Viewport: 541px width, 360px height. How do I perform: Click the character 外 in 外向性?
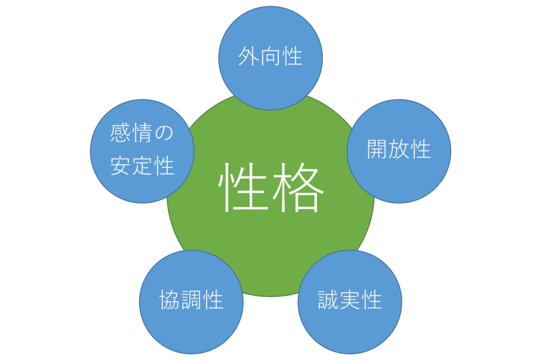248,56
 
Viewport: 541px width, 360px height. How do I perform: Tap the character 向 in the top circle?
270,56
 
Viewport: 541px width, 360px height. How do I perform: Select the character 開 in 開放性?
377,149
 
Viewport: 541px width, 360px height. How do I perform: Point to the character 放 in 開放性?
399,149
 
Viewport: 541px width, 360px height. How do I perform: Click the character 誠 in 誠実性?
328,300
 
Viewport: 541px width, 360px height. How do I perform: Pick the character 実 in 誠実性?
350,300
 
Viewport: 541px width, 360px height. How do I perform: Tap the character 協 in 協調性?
170,300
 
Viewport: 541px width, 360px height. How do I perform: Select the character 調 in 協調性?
191,300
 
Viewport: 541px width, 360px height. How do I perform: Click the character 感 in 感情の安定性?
120,133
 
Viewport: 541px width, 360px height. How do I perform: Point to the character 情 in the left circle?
142,133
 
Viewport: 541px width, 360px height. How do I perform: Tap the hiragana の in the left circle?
164,133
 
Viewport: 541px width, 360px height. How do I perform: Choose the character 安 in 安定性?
120,166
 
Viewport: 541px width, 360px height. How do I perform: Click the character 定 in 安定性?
142,166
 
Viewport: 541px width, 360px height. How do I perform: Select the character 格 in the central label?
299,187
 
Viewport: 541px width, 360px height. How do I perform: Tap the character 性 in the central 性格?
243,187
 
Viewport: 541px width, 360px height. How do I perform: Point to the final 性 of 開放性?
421,149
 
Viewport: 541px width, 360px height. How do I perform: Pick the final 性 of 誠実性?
371,300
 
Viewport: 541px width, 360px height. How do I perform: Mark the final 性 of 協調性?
213,300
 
